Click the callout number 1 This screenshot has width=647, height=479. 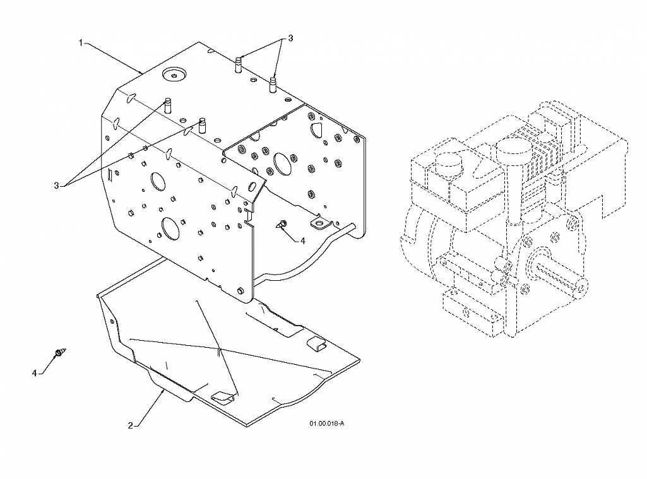click(x=81, y=42)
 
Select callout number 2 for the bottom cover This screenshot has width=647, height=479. click(x=131, y=425)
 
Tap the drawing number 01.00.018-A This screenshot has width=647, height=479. click(x=327, y=423)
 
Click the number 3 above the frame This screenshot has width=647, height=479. click(x=290, y=38)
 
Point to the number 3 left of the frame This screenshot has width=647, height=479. click(x=57, y=186)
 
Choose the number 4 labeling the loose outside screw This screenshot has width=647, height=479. click(x=35, y=373)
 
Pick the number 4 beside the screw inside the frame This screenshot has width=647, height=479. click(x=302, y=241)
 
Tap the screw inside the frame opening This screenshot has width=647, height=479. click(x=282, y=225)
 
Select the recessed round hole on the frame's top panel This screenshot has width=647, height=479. click(x=175, y=74)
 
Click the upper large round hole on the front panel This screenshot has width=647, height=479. click(x=158, y=181)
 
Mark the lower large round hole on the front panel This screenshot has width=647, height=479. click(x=169, y=228)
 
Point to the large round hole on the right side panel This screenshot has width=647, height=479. click(x=282, y=163)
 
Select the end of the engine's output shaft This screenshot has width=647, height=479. click(x=582, y=287)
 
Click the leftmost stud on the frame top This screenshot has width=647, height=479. click(x=168, y=105)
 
